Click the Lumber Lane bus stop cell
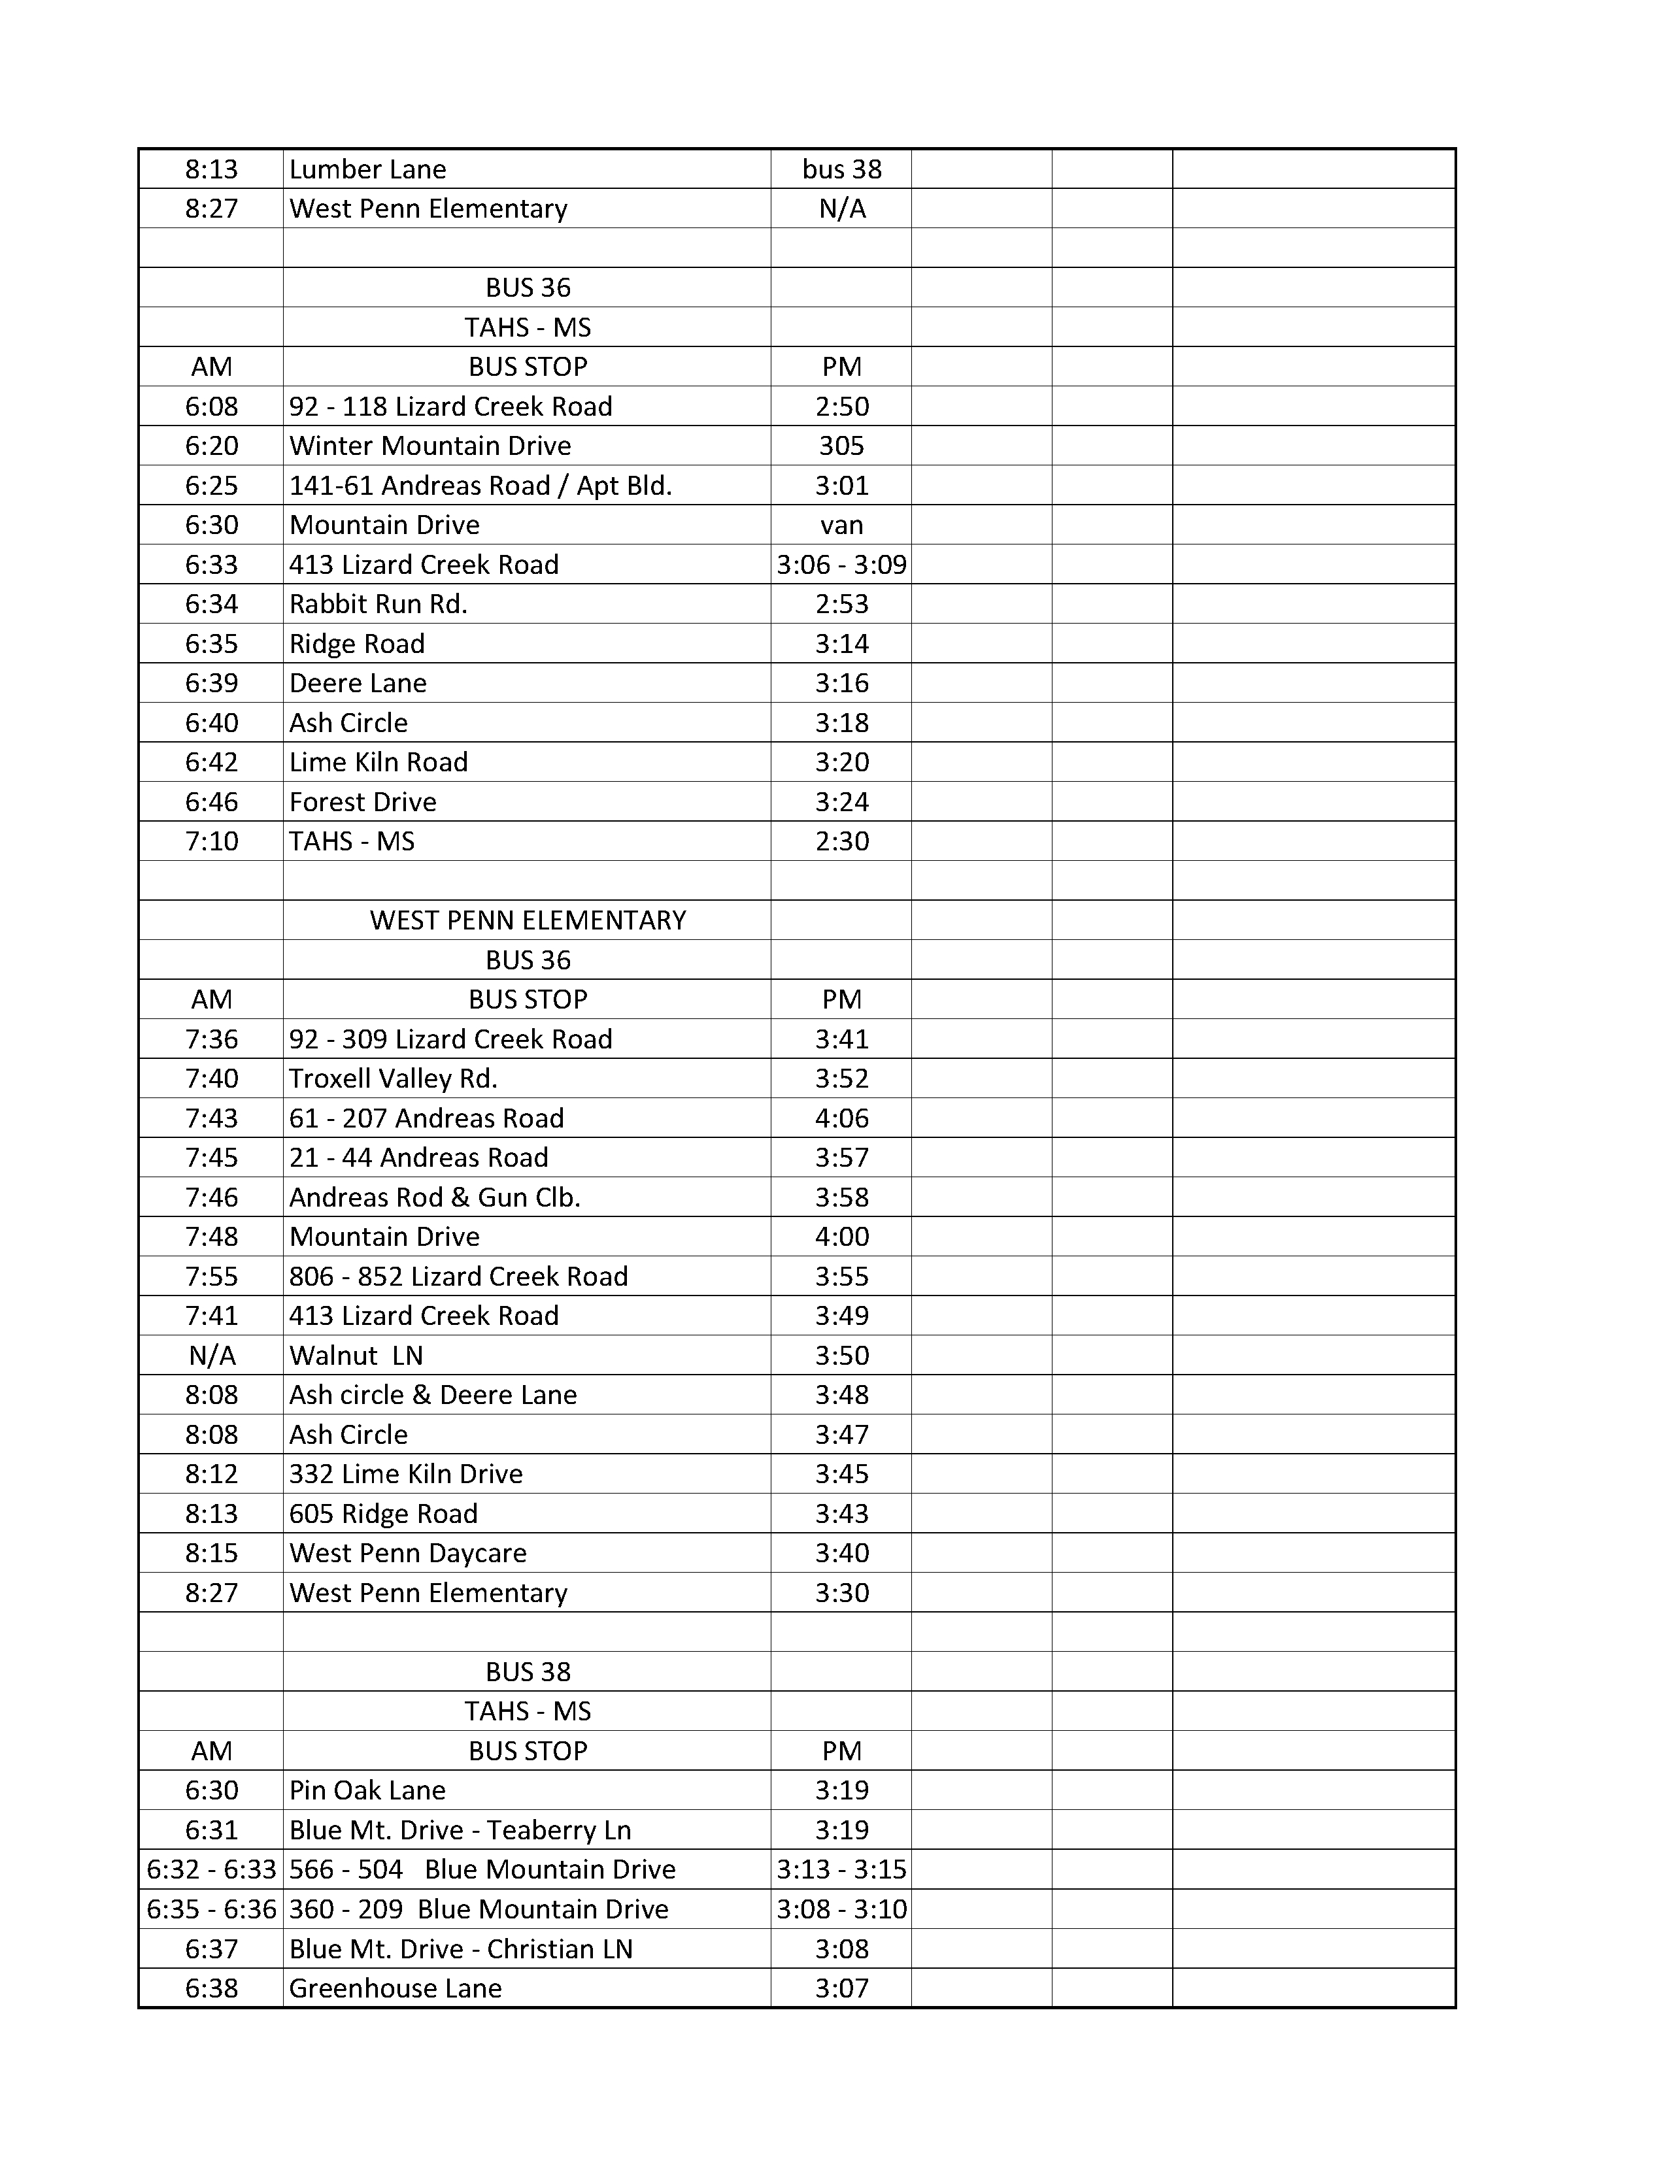pos(367,169)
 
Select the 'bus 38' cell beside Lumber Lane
pos(841,169)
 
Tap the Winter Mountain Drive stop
pos(429,445)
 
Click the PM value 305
pos(841,445)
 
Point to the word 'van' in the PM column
pos(841,524)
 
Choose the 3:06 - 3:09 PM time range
pos(841,564)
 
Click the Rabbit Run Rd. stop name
pos(379,603)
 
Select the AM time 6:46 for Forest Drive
pos(211,801)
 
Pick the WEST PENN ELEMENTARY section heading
pos(528,920)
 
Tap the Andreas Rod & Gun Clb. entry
pos(435,1196)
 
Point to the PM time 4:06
pos(841,1117)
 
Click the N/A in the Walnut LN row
pos(211,1355)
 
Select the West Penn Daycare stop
pos(408,1552)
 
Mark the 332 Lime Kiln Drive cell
pos(406,1473)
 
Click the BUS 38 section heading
pos(528,1671)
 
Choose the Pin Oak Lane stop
pos(367,1790)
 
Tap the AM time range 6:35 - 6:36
pos(211,1909)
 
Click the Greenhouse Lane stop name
pos(395,1988)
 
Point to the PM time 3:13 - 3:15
pos(841,1869)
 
